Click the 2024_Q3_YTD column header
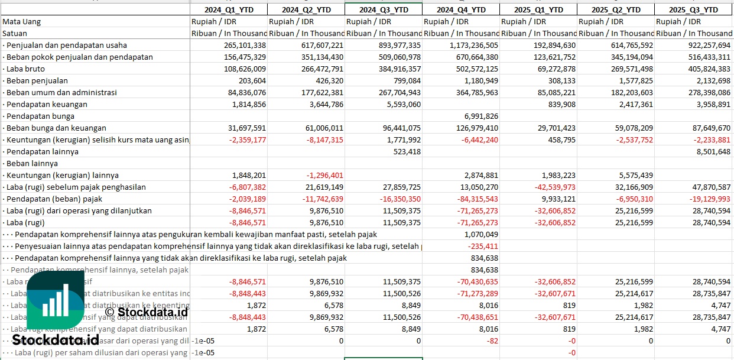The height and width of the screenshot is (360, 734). pos(384,9)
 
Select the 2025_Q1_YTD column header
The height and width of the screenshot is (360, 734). pos(538,9)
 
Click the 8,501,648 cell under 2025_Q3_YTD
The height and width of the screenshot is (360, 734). pos(712,151)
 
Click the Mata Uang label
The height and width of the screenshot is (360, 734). pos(22,21)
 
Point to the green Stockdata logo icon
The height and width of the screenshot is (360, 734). pos(55,302)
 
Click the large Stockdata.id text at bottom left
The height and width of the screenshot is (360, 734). pos(56,340)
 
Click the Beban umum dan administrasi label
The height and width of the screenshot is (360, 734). pos(61,92)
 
